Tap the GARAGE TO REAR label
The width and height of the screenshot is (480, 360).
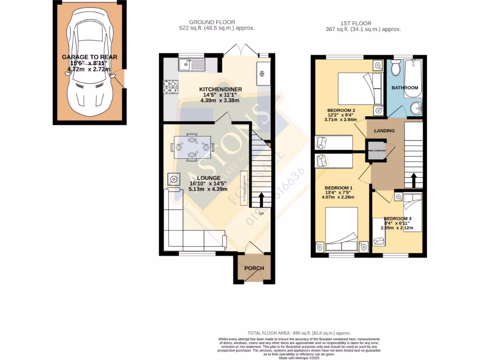click(x=90, y=57)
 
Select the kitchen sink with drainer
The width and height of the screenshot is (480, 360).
click(x=191, y=64)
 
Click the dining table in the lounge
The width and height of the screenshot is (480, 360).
click(x=192, y=147)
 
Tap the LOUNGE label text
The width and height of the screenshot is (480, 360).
click(x=208, y=178)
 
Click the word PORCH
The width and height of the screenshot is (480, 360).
click(x=254, y=269)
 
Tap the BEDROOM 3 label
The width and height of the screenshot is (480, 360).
click(x=397, y=218)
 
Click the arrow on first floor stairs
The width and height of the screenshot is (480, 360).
click(x=413, y=180)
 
